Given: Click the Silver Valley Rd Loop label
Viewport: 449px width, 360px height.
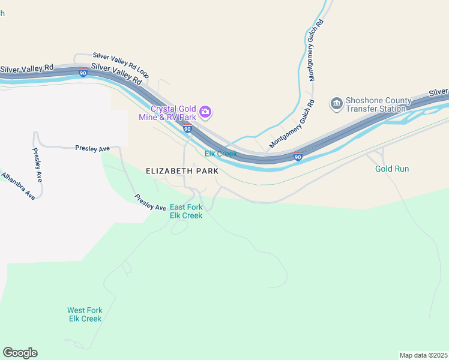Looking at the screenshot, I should coord(121,65).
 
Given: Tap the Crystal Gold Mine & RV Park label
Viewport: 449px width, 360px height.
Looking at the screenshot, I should coord(173,113).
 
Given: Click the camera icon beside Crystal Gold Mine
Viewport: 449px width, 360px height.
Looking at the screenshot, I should coord(206,111).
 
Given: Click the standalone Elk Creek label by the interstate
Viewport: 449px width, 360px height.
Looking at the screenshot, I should coord(221,154).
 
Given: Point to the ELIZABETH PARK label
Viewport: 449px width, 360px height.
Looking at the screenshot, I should coord(182,171).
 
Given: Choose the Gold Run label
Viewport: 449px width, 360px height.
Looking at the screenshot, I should coord(392,169).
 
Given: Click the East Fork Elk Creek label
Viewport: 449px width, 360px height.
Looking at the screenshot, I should coord(186,211).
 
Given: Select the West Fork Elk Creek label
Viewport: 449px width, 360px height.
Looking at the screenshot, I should coord(85,314).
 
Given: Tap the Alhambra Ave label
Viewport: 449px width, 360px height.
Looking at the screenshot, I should coord(18,186).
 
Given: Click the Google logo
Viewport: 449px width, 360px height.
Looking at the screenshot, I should coord(20,353).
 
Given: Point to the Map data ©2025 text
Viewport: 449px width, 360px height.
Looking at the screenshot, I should coord(423,355).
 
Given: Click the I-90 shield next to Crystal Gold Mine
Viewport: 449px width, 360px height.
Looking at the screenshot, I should coord(187,129).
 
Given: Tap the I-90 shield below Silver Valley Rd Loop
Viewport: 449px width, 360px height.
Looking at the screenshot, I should coord(83,73).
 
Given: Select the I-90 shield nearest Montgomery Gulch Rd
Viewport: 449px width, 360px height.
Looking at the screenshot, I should coord(298,157).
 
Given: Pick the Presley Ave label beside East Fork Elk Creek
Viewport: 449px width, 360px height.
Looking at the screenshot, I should coord(150,202).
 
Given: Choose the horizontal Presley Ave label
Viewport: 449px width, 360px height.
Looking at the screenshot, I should coord(92,148).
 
